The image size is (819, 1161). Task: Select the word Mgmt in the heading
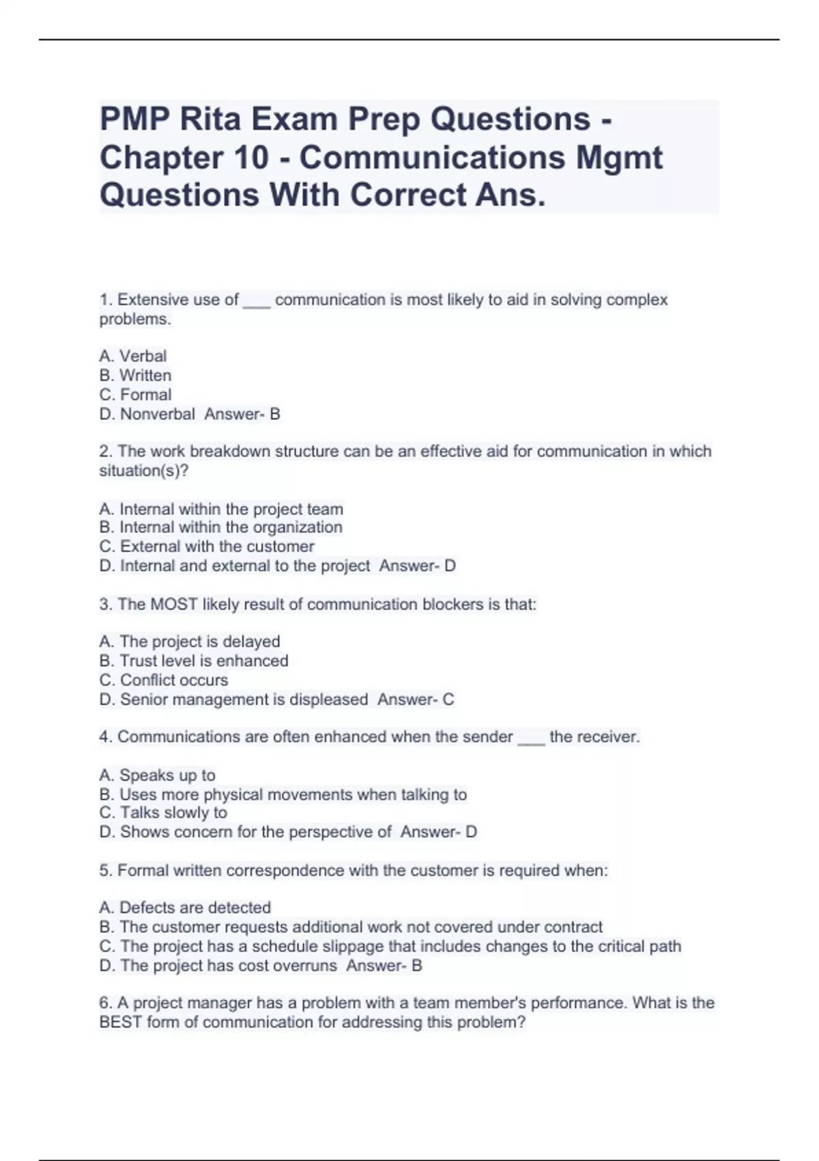point(619,158)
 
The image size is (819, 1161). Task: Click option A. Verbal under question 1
point(133,356)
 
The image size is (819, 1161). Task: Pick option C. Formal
point(135,395)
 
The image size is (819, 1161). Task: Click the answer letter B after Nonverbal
point(275,414)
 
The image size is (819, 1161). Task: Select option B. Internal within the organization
point(220,527)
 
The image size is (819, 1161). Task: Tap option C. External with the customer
point(207,546)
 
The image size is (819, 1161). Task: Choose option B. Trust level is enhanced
point(194,661)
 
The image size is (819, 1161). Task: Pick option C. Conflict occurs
point(164,680)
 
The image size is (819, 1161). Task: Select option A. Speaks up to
point(157,775)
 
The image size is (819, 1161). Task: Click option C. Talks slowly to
point(163,813)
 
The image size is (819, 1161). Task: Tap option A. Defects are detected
point(185,908)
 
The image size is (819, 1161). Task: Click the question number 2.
point(104,451)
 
